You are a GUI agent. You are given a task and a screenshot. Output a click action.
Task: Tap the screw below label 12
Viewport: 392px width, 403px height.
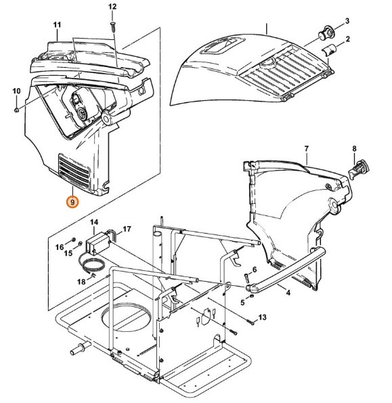pyautogui.click(x=113, y=25)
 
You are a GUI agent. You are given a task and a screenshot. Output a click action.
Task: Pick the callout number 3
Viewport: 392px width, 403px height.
pyautogui.click(x=347, y=21)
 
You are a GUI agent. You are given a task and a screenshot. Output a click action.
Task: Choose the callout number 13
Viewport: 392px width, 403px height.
pyautogui.click(x=263, y=318)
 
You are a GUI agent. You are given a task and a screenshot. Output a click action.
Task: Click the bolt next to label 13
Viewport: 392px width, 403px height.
pyautogui.click(x=248, y=322)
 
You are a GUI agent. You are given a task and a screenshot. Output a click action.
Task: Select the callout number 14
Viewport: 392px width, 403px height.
pyautogui.click(x=94, y=222)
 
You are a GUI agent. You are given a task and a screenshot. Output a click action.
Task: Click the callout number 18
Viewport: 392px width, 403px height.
pyautogui.click(x=81, y=280)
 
